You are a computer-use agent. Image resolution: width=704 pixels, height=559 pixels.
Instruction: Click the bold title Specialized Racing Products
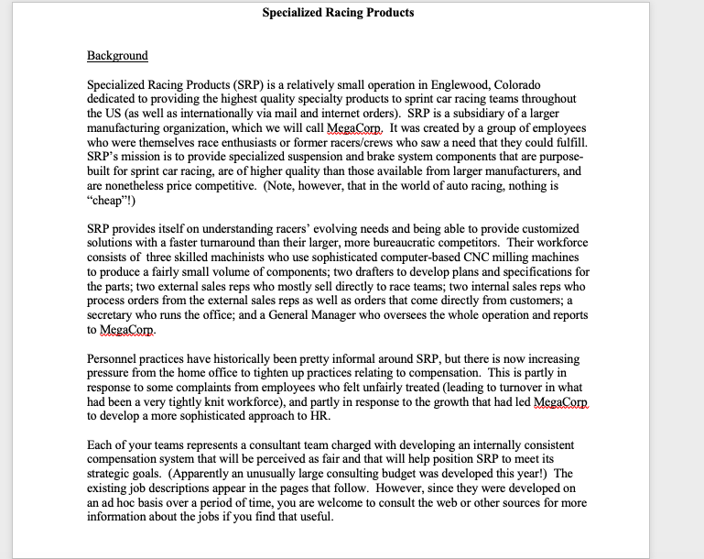[x=338, y=13]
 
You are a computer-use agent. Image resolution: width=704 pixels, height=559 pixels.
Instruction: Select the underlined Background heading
[x=117, y=56]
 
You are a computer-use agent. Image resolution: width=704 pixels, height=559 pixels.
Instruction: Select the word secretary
[x=114, y=315]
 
